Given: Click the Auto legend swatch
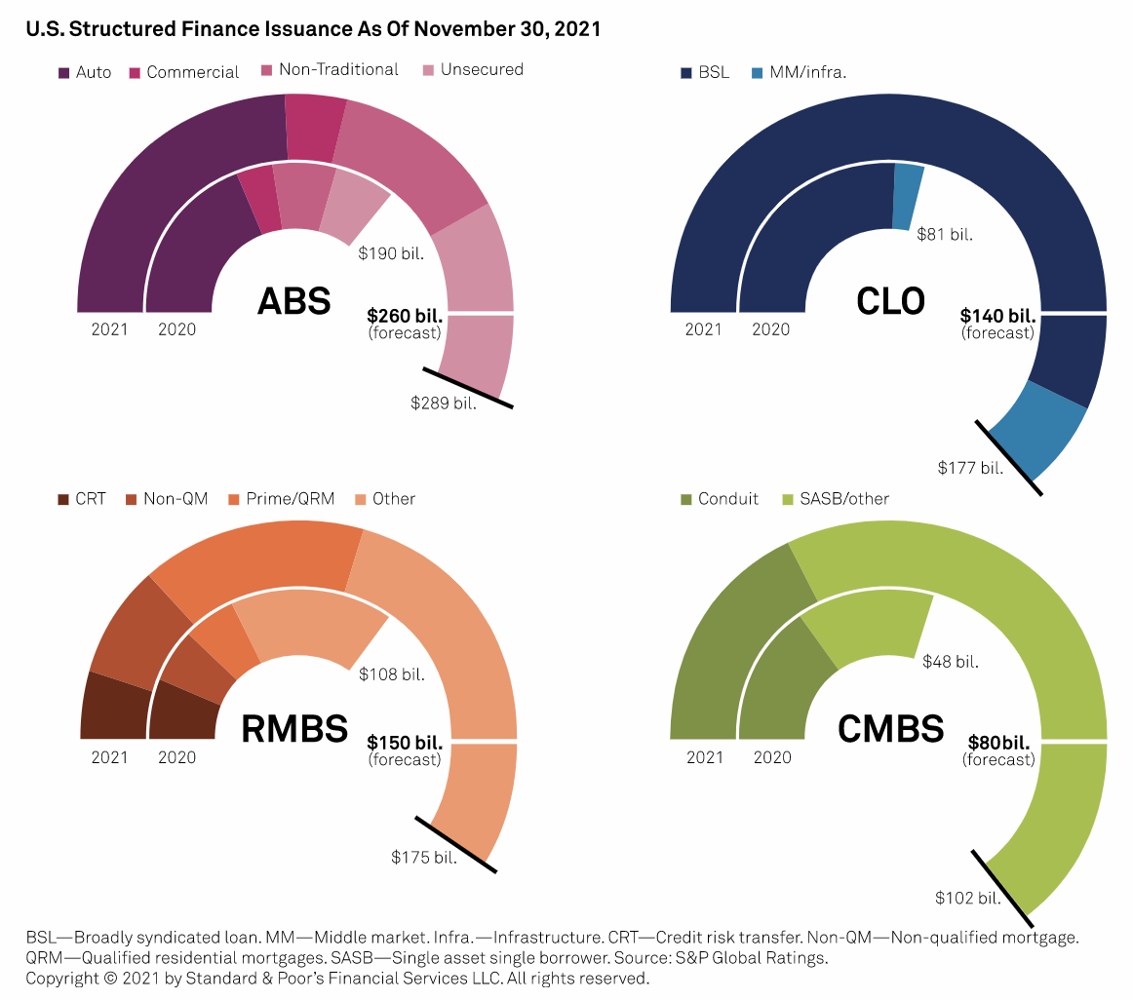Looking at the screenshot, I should [x=64, y=72].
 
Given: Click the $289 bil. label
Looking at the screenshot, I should [x=444, y=402].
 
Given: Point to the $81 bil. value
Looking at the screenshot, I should [x=945, y=234].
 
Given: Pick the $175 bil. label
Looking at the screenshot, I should [x=424, y=857].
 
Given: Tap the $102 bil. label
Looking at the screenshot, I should [x=968, y=898].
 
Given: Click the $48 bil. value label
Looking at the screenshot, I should [x=951, y=662].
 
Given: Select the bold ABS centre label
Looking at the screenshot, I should [x=293, y=301].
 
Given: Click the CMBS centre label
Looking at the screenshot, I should [x=890, y=729].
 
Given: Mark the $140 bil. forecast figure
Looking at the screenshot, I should [x=996, y=315].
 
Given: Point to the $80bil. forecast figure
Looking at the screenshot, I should [x=1000, y=742].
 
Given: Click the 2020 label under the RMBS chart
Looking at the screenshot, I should [x=176, y=757].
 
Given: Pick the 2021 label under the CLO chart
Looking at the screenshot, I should [x=703, y=329].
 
